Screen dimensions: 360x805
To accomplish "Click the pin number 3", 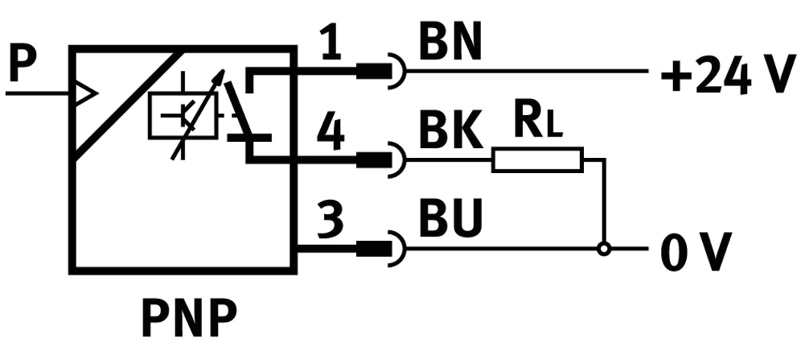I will (x=330, y=220).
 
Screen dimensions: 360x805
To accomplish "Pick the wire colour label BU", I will (x=451, y=220).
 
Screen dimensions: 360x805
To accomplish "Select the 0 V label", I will (x=695, y=251).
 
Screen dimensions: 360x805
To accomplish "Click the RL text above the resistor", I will (x=538, y=124).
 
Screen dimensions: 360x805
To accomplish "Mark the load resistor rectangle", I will (x=537, y=159).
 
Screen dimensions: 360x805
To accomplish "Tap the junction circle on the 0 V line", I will (x=604, y=249).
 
